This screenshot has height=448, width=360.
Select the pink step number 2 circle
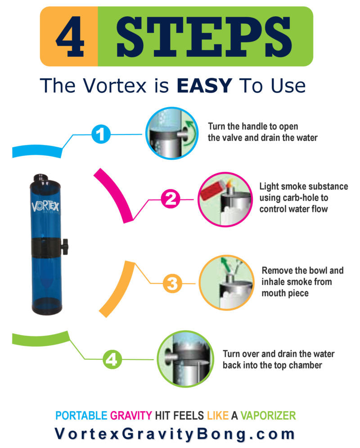171,199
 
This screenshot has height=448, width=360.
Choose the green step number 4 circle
112,359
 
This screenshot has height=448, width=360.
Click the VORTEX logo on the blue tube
48,207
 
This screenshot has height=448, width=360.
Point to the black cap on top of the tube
41,177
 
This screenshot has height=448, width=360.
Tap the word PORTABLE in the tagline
81,415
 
